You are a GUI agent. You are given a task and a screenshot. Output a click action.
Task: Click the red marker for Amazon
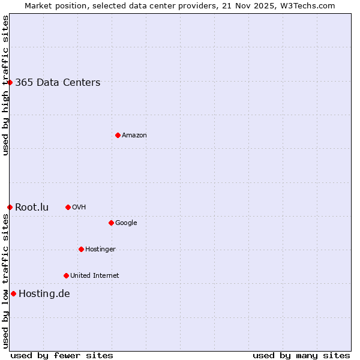[x=118, y=135]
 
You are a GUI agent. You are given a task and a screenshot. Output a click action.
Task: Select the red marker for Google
[x=111, y=223]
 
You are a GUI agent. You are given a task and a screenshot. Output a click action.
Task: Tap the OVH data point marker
[x=68, y=207]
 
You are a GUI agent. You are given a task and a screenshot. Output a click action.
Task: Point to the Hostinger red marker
[x=81, y=249]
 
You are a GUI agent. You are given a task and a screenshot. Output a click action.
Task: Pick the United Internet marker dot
[x=66, y=275]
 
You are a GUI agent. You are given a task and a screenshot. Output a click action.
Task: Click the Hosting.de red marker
[x=13, y=293]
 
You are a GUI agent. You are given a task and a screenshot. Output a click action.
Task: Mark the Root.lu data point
[x=10, y=207]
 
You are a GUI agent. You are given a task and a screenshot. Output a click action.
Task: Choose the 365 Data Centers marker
[x=10, y=82]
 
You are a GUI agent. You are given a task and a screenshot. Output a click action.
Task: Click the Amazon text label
[x=134, y=136]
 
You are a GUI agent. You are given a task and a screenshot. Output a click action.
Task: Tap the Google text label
[x=126, y=223]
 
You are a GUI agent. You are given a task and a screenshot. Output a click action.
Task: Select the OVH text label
[x=79, y=208]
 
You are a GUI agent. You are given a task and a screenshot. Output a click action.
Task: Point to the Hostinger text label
[x=100, y=250]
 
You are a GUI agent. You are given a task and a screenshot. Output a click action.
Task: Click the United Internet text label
[x=95, y=276]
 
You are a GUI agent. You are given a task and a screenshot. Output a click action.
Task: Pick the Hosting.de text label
[x=44, y=293]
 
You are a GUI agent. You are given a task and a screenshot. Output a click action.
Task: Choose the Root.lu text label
[x=32, y=208]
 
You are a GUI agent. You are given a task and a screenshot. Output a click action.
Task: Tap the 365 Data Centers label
[x=58, y=83]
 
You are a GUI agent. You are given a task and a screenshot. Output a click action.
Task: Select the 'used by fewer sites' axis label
[x=62, y=355]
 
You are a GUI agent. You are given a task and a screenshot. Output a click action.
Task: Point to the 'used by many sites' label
[x=301, y=355]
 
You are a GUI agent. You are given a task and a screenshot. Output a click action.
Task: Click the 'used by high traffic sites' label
[x=5, y=85]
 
